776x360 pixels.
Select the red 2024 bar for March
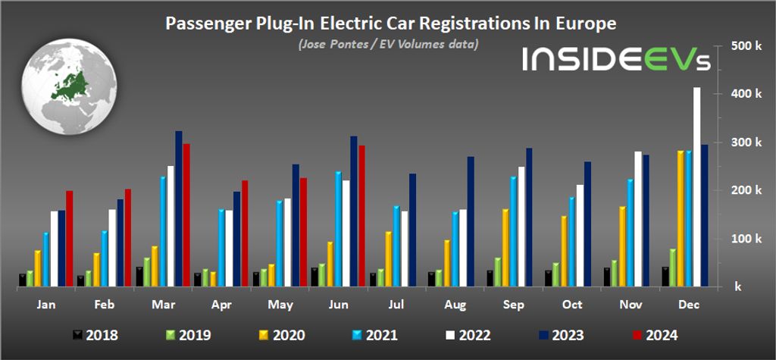(x=186, y=215)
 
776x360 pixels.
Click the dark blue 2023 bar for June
(x=354, y=211)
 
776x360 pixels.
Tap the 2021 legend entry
(x=377, y=334)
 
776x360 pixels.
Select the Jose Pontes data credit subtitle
(x=388, y=44)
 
